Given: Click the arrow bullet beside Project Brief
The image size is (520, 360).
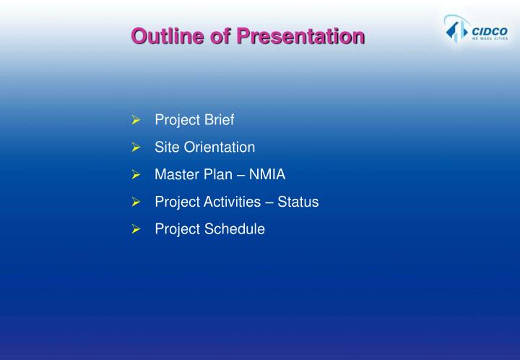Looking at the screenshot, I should pyautogui.click(x=134, y=120).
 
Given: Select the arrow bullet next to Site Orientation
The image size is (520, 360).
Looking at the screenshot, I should pyautogui.click(x=134, y=147).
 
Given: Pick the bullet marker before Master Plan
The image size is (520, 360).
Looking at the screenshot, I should pyautogui.click(x=134, y=175).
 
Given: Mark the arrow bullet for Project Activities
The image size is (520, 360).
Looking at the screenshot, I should pyautogui.click(x=134, y=202).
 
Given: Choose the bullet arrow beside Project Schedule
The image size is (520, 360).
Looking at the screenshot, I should pyautogui.click(x=134, y=230).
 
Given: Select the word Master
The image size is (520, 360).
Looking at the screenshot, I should pyautogui.click(x=175, y=175).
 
